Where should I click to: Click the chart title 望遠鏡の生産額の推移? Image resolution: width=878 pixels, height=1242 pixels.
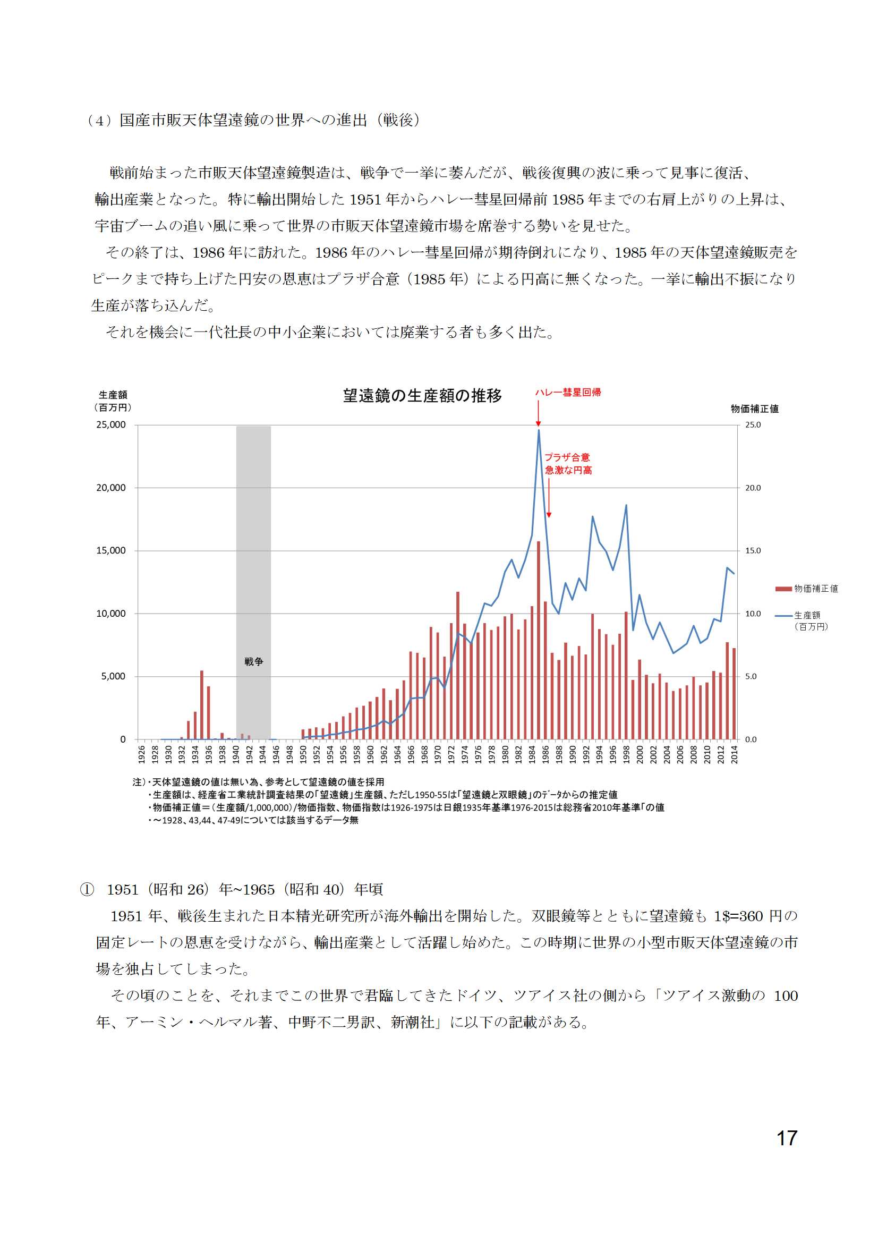point(422,395)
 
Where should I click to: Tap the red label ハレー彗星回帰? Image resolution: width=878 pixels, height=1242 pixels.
point(568,392)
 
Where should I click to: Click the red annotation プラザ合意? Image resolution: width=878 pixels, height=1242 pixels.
point(567,457)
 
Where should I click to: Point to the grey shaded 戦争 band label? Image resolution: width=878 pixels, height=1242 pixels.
point(253,661)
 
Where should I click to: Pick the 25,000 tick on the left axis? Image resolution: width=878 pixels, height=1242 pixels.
point(111,425)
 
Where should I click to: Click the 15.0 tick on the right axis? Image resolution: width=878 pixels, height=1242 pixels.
point(753,551)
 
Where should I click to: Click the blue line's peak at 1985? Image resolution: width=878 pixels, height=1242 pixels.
point(538,430)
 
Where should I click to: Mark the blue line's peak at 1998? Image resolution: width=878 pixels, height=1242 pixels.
point(626,505)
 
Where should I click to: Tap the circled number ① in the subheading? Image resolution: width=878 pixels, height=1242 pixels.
point(87,890)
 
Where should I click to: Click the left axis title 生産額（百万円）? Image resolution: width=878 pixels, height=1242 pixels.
point(113,401)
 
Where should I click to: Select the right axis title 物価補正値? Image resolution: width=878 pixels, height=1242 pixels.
point(754,409)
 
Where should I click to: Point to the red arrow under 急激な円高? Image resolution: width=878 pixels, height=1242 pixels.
point(549,498)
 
